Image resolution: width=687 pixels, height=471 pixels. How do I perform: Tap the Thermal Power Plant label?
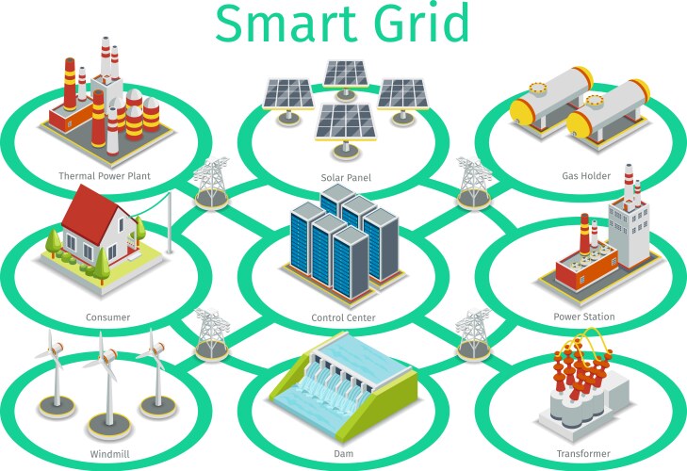[105, 176]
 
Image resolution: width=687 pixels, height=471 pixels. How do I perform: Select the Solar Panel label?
[346, 177]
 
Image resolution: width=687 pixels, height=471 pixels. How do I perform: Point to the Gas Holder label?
[586, 176]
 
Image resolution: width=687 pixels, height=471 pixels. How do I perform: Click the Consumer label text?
[107, 317]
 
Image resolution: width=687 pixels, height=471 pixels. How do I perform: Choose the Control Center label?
[343, 318]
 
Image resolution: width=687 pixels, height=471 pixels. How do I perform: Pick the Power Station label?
[584, 317]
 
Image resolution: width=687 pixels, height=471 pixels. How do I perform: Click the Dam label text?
[344, 454]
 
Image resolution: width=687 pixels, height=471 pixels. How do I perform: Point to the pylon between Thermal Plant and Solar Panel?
[212, 182]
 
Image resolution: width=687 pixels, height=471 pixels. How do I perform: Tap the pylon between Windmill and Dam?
[212, 333]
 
